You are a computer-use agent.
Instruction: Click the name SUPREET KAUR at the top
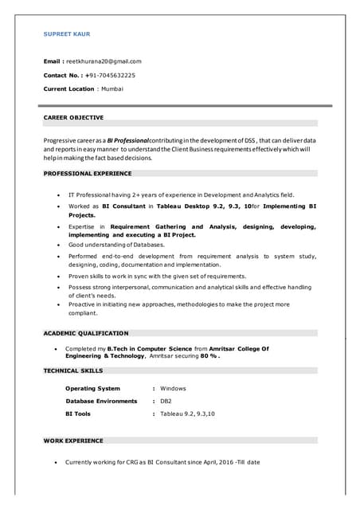pyautogui.click(x=67, y=34)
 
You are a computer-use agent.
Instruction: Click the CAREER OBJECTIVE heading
pyautogui.click(x=73, y=117)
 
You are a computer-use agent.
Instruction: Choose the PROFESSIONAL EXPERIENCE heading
pyautogui.click(x=88, y=173)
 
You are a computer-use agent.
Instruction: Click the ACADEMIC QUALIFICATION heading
pyautogui.click(x=86, y=332)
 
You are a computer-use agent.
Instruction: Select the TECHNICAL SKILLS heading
pyautogui.click(x=73, y=371)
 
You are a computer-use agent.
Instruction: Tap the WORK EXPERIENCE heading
pyautogui.click(x=73, y=440)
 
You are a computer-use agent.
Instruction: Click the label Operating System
pyautogui.click(x=92, y=388)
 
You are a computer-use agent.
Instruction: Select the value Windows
pyautogui.click(x=173, y=388)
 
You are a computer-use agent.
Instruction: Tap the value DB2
pyautogui.click(x=166, y=401)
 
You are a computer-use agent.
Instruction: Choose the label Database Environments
pyautogui.click(x=101, y=401)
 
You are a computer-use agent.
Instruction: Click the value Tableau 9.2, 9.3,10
pyautogui.click(x=187, y=414)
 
